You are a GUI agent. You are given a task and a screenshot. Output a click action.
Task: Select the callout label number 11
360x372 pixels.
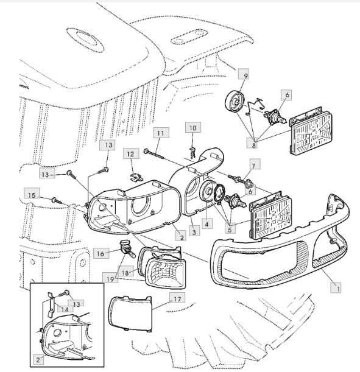coord(161,133)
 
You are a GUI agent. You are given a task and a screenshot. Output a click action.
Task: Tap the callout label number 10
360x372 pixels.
coord(193,128)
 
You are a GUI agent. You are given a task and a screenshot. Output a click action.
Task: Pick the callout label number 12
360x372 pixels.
coord(131,154)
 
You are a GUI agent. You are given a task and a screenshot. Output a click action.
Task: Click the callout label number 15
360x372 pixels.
coord(32,195)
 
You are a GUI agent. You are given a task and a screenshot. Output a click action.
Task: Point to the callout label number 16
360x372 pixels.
coord(101,254)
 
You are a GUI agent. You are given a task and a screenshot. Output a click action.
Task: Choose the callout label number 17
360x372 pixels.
coord(177,299)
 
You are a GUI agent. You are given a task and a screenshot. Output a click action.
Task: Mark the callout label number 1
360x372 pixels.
coord(336,288)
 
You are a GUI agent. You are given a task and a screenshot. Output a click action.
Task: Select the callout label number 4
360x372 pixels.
coord(207,223)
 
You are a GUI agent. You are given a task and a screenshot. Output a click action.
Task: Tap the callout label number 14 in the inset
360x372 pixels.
coord(65,309)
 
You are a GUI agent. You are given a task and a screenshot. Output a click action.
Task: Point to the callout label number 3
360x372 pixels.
coord(194,231)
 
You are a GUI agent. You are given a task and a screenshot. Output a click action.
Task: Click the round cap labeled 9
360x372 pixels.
coord(235,102)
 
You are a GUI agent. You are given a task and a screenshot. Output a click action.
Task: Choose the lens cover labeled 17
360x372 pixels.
coord(130,313)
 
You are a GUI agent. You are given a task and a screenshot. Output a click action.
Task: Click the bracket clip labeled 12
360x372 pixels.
coord(136,177)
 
